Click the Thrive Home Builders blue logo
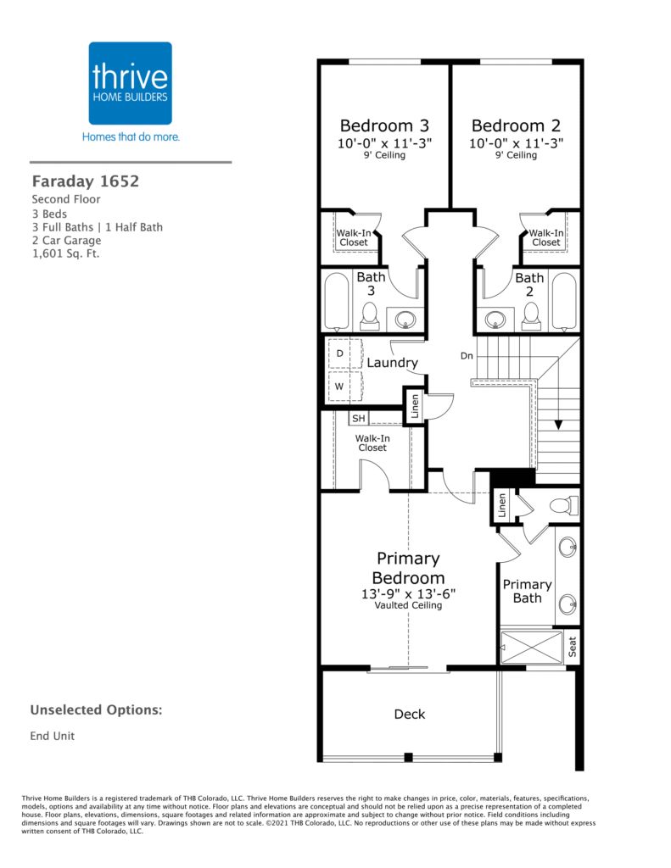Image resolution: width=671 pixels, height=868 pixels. point(130,83)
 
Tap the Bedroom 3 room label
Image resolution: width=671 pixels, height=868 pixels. point(384,125)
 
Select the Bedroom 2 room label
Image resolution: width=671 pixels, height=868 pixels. point(516,125)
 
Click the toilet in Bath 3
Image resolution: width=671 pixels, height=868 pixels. point(370,317)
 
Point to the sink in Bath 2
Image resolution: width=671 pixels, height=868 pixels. point(495,320)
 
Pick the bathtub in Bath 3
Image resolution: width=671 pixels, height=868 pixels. point(337,302)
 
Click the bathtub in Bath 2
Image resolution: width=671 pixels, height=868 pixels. point(564,302)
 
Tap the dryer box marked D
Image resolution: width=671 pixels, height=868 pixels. point(344,353)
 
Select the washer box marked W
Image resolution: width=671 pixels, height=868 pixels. point(344,387)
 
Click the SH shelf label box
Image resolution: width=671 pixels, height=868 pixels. point(359,419)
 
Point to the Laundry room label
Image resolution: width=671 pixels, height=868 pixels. point(392,363)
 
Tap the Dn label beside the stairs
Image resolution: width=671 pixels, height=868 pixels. point(467,355)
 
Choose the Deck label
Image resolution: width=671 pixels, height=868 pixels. point(410,714)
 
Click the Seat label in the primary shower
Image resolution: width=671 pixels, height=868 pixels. point(573,647)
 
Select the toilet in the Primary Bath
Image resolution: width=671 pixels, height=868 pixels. point(563,505)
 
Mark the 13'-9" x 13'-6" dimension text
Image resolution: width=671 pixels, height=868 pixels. point(408,593)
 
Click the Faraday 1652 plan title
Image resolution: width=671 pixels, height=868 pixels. point(86,181)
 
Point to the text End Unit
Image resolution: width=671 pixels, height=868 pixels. point(52,736)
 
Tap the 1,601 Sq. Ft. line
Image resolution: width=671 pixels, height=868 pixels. point(65,253)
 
